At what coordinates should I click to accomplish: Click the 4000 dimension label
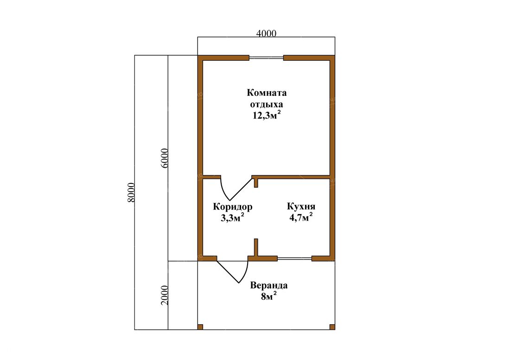point(267,33)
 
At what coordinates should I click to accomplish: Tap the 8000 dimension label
point(131,192)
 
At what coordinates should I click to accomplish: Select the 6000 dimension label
point(165,158)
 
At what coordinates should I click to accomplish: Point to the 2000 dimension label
point(165,295)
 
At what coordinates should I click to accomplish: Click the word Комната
point(267,93)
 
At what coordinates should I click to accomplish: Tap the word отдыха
point(267,105)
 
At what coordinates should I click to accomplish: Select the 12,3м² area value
point(267,115)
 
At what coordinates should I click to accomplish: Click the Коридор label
point(233,207)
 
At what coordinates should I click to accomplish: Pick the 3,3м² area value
point(233,217)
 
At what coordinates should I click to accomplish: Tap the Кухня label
point(301,206)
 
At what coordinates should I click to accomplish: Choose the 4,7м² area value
point(301,216)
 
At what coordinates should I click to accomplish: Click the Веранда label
point(268,285)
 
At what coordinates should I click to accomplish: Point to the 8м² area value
point(268,296)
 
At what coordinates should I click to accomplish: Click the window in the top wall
point(267,58)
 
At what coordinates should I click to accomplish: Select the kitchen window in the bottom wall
point(295,259)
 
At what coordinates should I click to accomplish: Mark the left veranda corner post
point(200,327)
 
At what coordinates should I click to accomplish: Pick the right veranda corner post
point(332,327)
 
